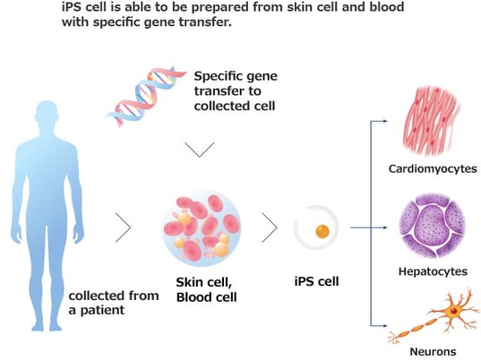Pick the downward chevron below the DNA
pyautogui.click(x=198, y=150)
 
